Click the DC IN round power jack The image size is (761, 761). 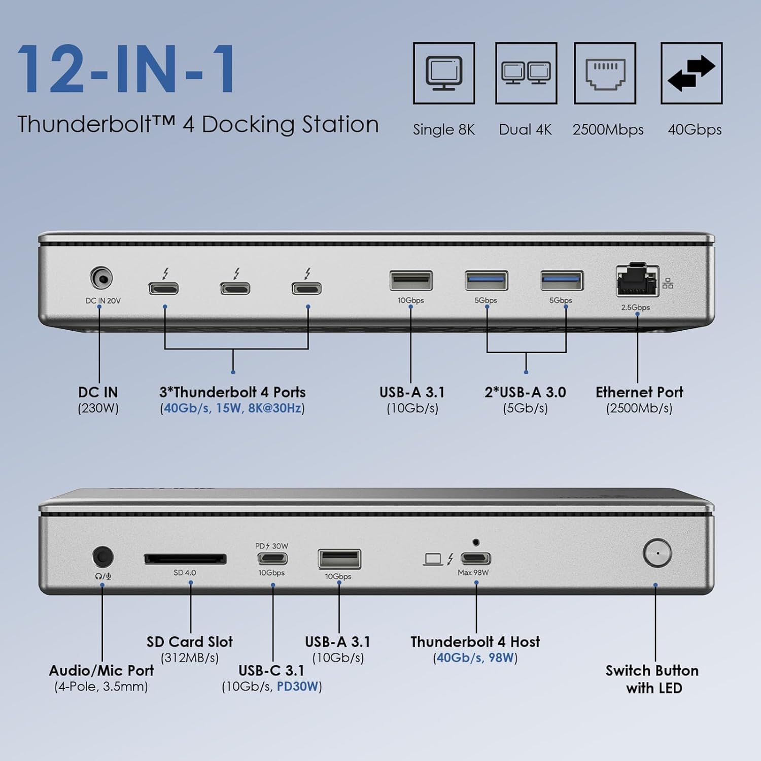point(101,279)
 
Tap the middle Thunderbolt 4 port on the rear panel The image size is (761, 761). point(235,289)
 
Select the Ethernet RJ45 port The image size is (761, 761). point(637,281)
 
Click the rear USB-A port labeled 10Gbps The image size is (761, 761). point(411,281)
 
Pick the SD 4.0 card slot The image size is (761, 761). point(185,559)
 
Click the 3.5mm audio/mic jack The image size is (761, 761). point(102,557)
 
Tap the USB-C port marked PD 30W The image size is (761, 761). point(272,559)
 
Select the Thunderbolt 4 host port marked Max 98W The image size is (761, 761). point(475,559)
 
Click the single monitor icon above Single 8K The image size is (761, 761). point(444,73)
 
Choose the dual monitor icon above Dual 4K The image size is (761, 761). point(526,73)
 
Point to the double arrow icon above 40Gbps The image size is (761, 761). point(691,73)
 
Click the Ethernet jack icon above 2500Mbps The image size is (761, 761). point(605,73)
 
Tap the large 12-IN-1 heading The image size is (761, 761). point(127,70)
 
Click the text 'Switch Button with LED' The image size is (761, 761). point(652,679)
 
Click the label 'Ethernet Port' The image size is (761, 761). point(639,392)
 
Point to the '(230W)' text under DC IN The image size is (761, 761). point(98,408)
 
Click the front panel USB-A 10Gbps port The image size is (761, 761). point(339,559)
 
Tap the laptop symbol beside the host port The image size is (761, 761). point(433,559)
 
